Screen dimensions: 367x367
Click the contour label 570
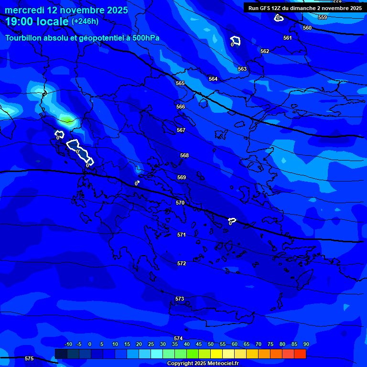[180, 203]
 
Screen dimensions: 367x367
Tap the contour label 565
[180, 83]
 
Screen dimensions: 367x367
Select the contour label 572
[182, 263]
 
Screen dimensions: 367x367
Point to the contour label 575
[29, 358]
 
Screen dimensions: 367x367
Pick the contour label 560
[307, 28]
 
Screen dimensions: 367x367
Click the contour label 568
[184, 155]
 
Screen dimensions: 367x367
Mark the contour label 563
[242, 69]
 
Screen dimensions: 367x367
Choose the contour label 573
[180, 299]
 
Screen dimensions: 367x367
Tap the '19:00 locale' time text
[37, 22]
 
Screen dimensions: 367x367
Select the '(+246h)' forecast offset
[85, 22]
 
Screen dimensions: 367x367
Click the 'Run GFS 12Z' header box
[305, 8]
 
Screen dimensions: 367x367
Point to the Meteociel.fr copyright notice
[203, 364]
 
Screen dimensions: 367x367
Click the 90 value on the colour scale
[306, 345]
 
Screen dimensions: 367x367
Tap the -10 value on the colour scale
[68, 345]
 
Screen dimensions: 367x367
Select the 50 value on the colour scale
[211, 345]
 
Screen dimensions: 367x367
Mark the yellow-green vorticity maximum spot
[66, 118]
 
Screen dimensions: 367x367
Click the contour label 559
[323, 17]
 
